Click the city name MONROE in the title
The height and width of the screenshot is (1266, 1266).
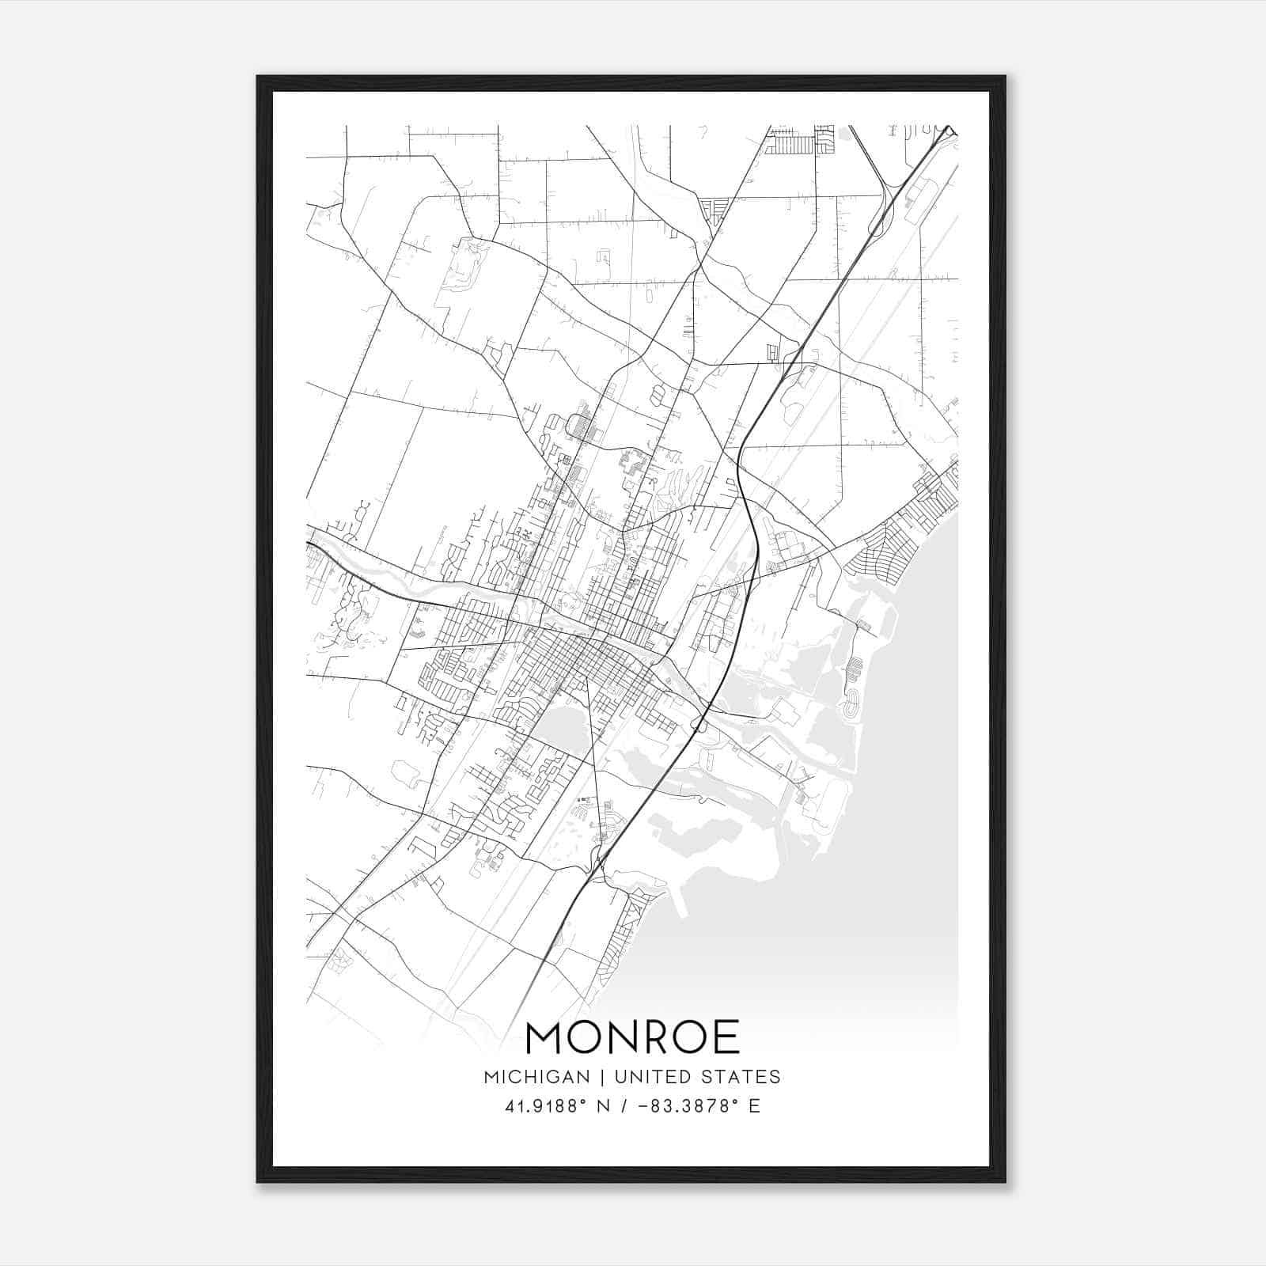coord(632,1037)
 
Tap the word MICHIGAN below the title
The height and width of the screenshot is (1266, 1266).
coord(537,1077)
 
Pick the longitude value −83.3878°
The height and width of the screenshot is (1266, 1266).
coord(688,1106)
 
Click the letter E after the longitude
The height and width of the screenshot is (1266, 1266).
coord(754,1106)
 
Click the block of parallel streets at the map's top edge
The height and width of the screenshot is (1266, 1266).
coord(791,145)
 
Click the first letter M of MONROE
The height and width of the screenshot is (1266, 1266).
coord(544,1037)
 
